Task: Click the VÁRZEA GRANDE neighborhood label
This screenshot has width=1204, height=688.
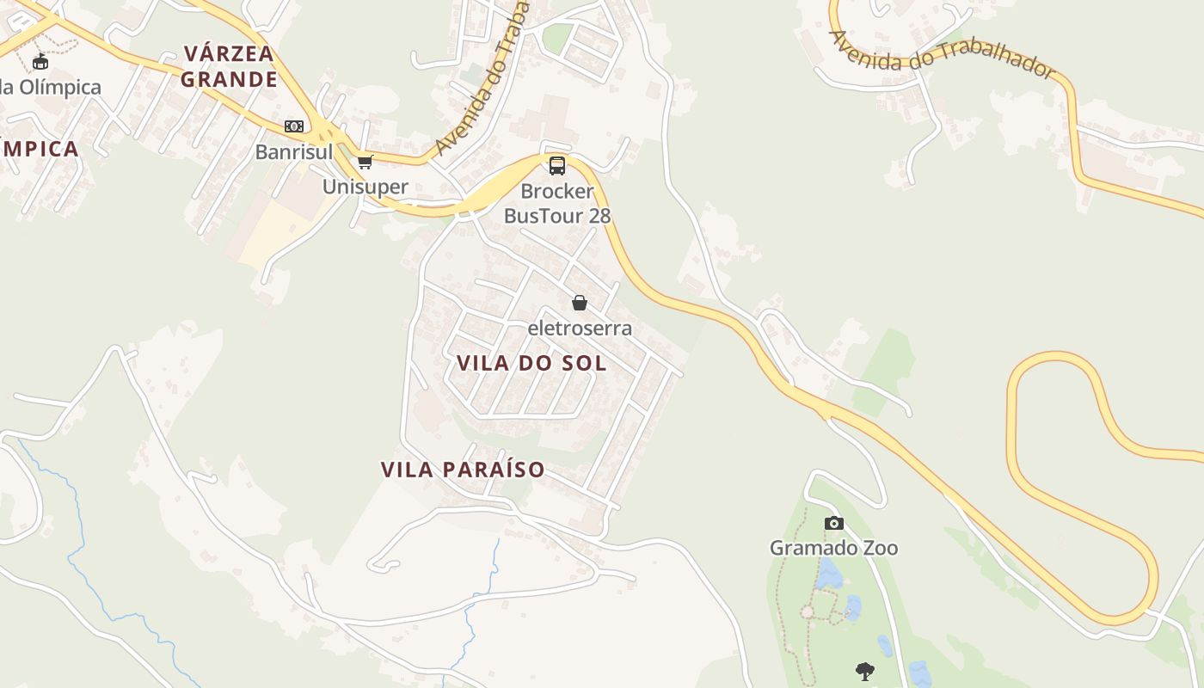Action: pos(230,66)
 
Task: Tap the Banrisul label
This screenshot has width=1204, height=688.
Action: pos(293,152)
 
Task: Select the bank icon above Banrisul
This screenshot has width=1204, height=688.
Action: pos(294,126)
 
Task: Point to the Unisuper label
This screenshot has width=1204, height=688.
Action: pos(365,187)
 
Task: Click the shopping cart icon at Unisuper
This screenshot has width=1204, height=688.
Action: pos(365,162)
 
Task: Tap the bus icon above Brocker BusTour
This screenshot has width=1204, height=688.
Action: pos(557,165)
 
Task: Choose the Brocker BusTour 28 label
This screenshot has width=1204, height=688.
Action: pos(557,203)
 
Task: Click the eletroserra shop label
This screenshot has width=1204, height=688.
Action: pos(580,328)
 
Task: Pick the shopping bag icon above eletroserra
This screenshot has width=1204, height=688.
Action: pos(580,303)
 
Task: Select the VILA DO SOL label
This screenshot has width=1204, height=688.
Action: pos(531,363)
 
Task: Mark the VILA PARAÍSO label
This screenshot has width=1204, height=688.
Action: pos(463,470)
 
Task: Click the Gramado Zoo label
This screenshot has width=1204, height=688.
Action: pos(833,548)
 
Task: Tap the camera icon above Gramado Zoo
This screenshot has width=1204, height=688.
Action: pos(833,523)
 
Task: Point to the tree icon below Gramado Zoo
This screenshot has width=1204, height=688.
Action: pos(865,671)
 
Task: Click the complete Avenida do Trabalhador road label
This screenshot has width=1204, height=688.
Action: pos(942,53)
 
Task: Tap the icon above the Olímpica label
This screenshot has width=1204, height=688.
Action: pos(40,61)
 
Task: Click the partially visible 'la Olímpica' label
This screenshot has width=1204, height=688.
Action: pos(51,87)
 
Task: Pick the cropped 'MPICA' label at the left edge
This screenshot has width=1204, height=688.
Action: pos(40,149)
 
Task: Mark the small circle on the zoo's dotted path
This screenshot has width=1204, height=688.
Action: pos(807,612)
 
